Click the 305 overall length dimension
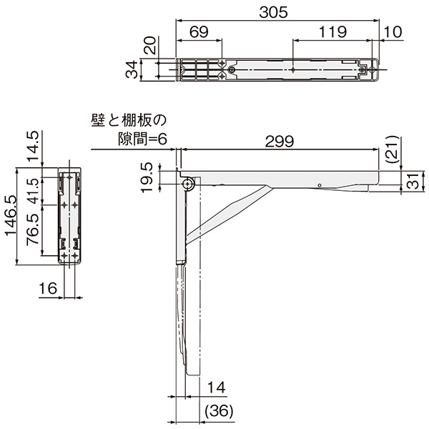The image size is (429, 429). [x=273, y=12]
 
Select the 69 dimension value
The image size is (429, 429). [x=199, y=32]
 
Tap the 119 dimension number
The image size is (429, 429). [x=333, y=32]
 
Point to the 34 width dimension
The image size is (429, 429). [x=132, y=70]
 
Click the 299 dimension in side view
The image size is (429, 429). [x=280, y=142]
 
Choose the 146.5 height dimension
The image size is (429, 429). [x=11, y=216]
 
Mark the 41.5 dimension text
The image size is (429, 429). [x=34, y=191]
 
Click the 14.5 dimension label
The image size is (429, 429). [x=34, y=147]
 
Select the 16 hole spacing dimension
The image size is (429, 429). [x=48, y=289]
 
